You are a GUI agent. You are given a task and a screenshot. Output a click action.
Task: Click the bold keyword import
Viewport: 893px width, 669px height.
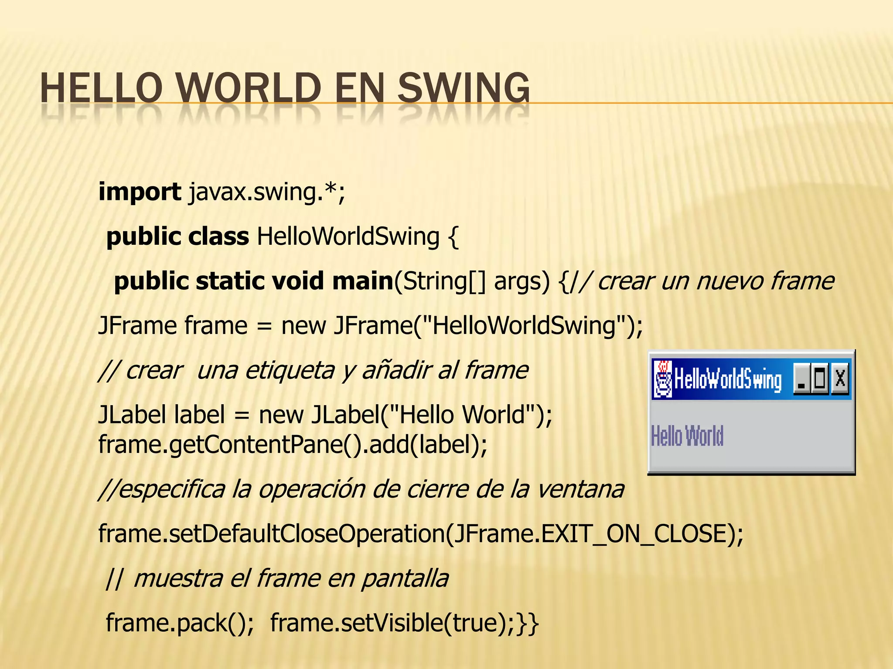tap(140, 192)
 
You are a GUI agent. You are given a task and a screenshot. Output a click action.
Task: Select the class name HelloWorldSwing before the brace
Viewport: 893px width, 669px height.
tap(348, 237)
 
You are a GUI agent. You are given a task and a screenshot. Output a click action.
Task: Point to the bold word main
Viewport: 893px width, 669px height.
tap(363, 281)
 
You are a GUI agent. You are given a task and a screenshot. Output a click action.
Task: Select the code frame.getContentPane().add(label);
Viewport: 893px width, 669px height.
tap(293, 445)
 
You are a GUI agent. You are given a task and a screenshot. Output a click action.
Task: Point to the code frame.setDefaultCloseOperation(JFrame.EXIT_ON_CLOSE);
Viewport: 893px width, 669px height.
tap(421, 534)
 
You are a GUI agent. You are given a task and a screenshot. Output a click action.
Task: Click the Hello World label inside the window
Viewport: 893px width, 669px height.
tap(687, 436)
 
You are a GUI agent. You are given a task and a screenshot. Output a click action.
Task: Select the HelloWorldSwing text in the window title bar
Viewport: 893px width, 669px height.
tap(728, 379)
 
